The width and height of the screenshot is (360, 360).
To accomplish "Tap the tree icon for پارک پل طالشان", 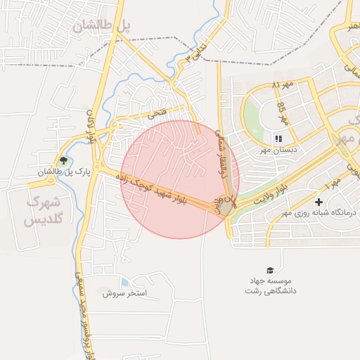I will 63,161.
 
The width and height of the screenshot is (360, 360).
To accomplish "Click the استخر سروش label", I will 124,292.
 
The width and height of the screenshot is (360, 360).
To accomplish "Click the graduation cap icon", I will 271,270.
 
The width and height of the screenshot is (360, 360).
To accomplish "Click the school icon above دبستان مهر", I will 278,139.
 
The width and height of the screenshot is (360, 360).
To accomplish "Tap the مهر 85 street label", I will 283,111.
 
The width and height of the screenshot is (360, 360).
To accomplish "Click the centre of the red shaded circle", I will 180,179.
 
